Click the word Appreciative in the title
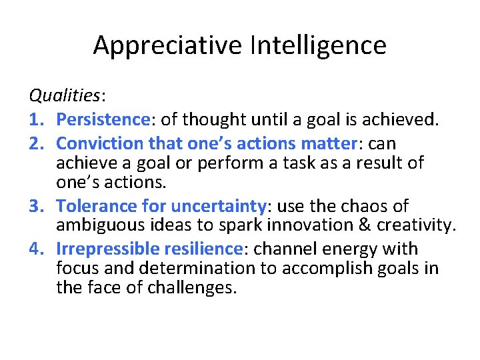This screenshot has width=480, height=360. (168, 45)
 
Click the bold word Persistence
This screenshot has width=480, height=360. (103, 120)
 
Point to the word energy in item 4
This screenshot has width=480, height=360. (341, 249)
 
